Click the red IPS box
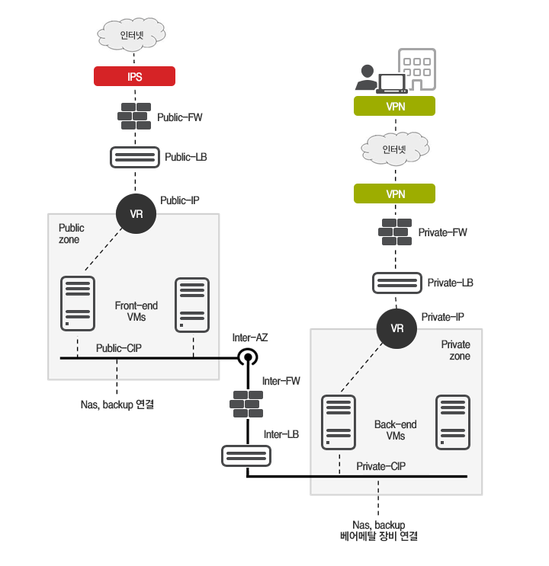[135, 76]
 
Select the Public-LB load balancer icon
[135, 157]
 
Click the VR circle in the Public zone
[136, 214]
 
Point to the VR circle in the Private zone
[396, 329]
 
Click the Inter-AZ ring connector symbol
[247, 357]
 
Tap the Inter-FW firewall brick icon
[247, 402]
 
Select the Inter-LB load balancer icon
[242, 456]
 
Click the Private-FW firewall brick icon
[396, 232]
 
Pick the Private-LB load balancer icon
[396, 283]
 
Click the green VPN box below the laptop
[395, 106]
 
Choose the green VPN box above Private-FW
[395, 193]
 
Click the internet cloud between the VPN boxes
[395, 149]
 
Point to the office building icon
[417, 70]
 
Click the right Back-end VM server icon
[451, 421]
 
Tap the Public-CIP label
[118, 348]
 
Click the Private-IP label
[443, 316]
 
